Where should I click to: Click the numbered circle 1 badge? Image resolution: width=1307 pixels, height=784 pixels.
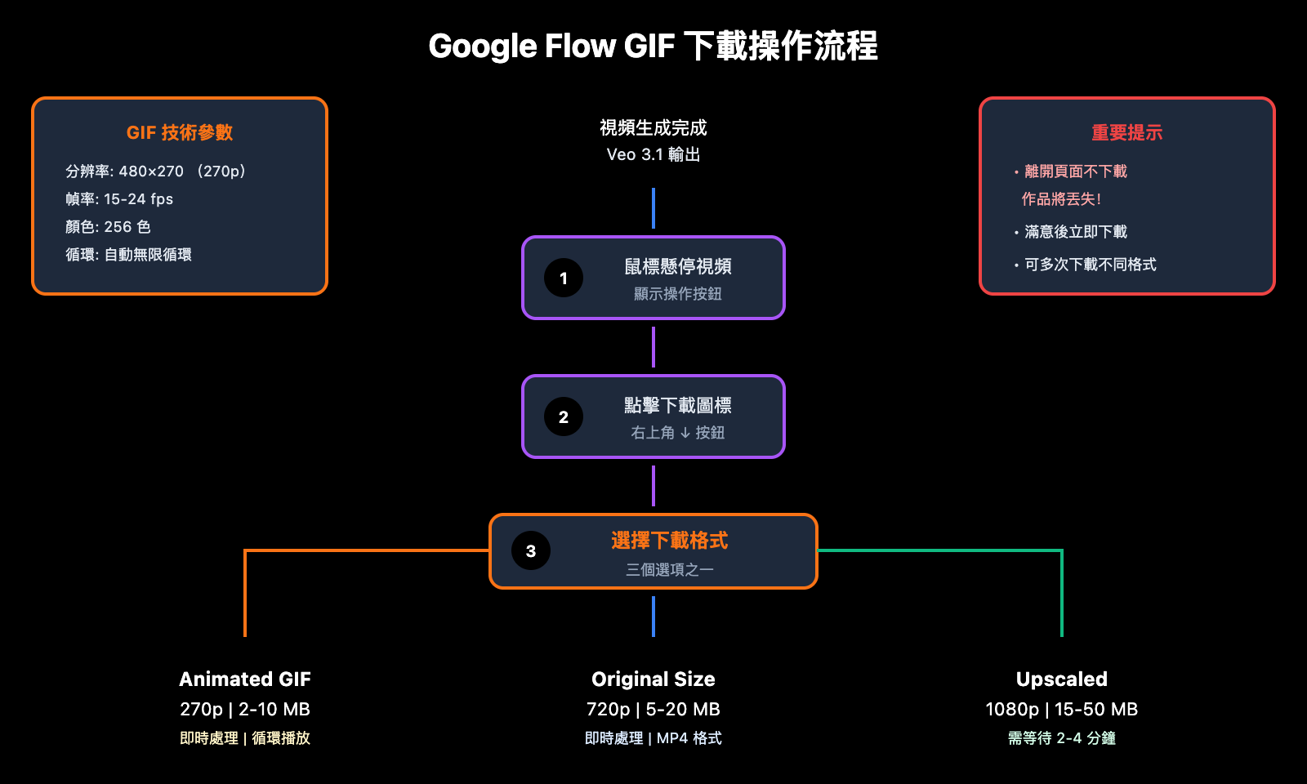[564, 278]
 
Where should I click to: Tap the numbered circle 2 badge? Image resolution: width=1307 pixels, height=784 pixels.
[564, 416]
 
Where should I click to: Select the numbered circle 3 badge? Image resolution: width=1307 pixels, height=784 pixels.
[531, 550]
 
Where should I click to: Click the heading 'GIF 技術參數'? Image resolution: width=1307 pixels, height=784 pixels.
[180, 132]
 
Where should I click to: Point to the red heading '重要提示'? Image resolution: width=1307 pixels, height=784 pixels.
[1126, 132]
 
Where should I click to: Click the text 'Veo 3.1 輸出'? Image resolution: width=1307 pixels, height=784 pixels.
[653, 154]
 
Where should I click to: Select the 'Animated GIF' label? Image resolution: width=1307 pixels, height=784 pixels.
[245, 679]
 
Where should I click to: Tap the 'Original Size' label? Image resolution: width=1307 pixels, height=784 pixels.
[653, 679]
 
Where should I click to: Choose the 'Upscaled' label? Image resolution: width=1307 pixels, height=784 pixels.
[1061, 679]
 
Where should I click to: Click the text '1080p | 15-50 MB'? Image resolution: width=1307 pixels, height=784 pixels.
[1061, 709]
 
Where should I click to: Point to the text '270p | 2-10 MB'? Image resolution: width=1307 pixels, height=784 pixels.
[245, 709]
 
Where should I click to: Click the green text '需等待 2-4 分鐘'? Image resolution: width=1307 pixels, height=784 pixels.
[1061, 737]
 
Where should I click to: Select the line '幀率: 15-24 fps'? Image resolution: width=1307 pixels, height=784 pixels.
[119, 198]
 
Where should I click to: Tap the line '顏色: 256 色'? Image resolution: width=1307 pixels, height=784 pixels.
[108, 226]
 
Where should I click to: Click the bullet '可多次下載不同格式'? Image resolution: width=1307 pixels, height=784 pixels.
[1090, 264]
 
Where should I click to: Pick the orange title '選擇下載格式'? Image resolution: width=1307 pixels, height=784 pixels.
[669, 540]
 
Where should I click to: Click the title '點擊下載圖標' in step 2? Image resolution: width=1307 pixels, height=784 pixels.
[677, 405]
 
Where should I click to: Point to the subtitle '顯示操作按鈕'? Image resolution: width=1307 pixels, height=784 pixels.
[677, 293]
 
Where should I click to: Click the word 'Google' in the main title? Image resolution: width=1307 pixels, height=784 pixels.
[482, 47]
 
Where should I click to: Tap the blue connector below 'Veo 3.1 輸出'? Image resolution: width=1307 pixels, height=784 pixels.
[653, 208]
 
